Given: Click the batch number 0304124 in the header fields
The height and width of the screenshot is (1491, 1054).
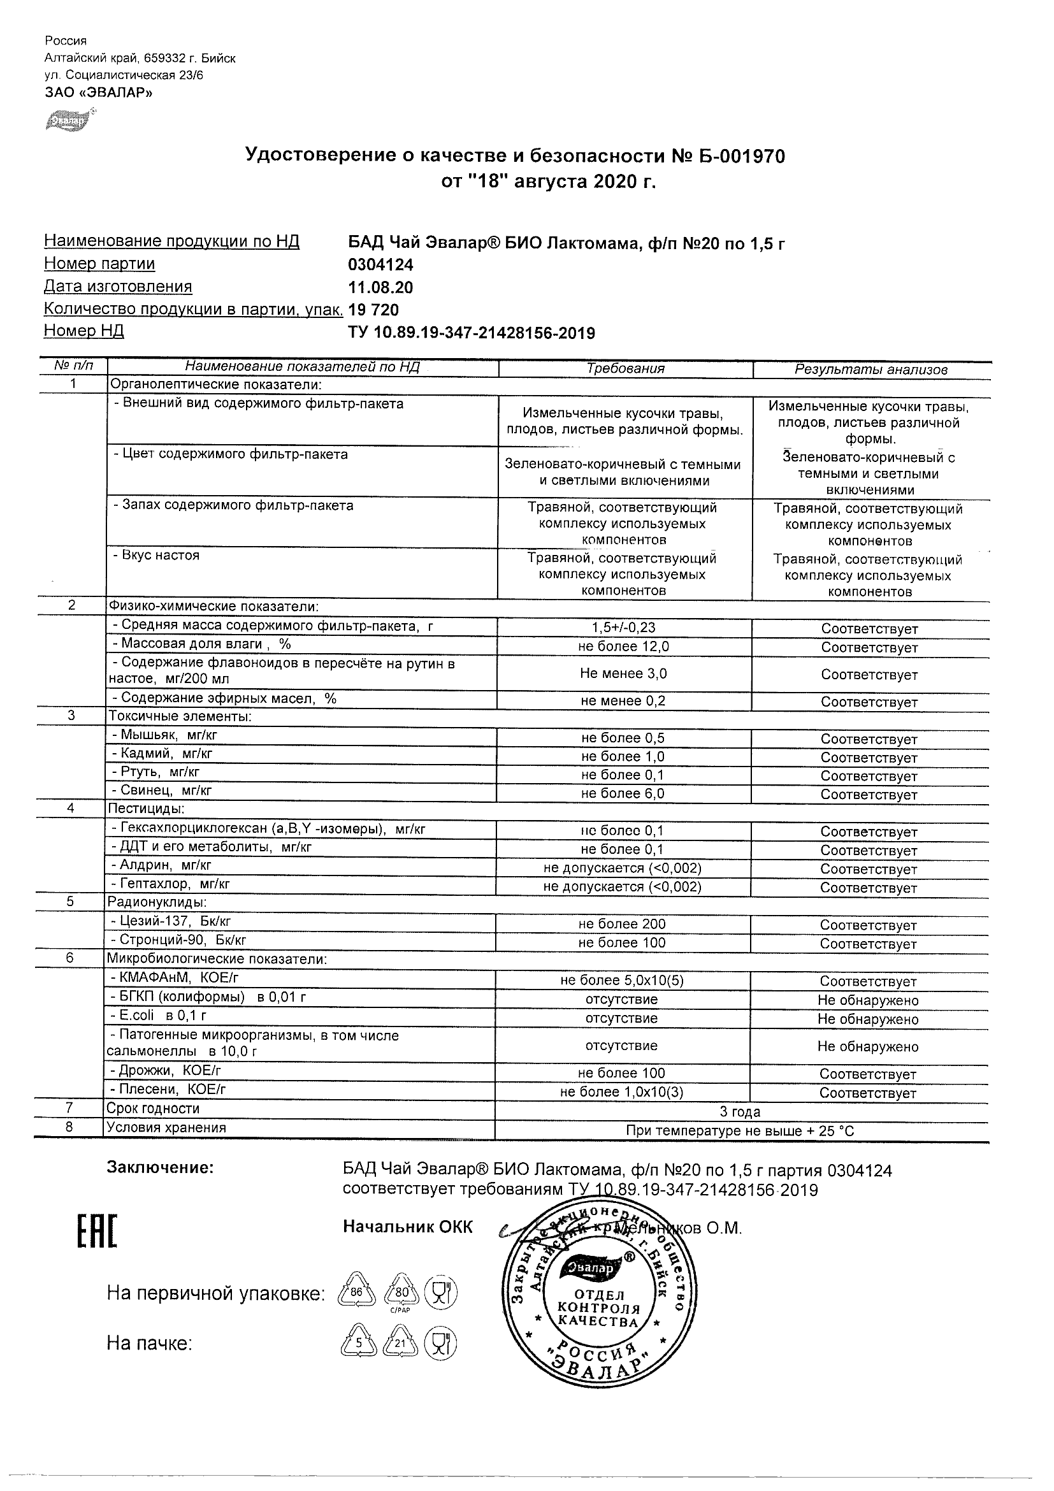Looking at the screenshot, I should click(380, 265).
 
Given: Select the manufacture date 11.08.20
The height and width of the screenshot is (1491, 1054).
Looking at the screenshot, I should click(380, 287).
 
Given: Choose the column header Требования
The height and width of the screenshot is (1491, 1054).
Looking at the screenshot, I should click(625, 369).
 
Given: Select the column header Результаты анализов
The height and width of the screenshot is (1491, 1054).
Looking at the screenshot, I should click(871, 370).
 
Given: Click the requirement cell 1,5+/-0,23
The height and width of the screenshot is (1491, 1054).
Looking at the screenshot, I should click(623, 628).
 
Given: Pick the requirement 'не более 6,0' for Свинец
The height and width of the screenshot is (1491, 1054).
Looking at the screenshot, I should click(623, 793).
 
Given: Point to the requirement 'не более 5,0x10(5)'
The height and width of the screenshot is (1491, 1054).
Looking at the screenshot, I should click(621, 981).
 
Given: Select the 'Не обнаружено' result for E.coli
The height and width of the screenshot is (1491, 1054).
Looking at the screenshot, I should click(868, 1019).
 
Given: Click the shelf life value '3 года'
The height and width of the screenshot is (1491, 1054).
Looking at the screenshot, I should click(740, 1113).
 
